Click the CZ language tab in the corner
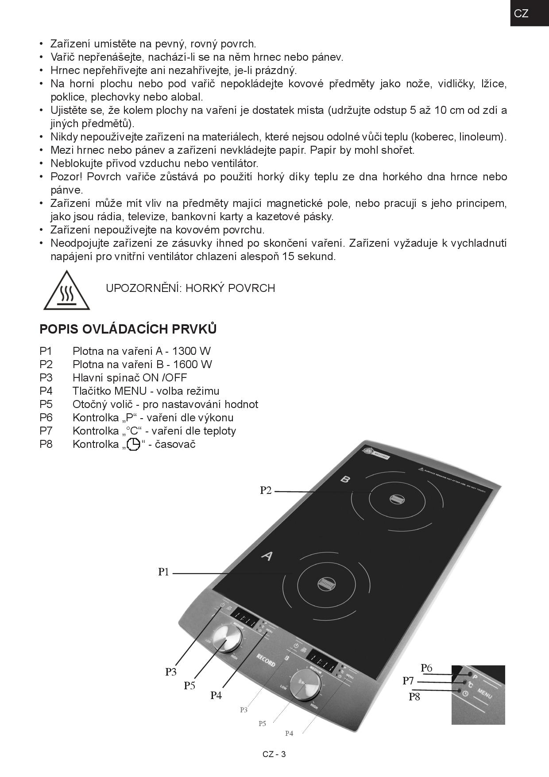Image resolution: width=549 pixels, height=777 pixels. tap(521, 13)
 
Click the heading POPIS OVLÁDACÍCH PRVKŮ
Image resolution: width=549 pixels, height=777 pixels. tap(128, 329)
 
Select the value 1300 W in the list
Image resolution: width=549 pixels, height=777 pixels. tap(191, 351)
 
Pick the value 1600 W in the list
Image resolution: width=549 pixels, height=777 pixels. tap(193, 365)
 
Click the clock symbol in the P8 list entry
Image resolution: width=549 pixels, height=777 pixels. tap(133, 444)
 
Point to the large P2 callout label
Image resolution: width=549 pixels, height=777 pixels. tap(266, 490)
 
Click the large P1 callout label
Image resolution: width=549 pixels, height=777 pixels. tap(164, 572)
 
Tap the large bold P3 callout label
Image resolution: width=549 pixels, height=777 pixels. tap(171, 672)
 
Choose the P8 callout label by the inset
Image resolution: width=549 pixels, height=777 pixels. tap(414, 697)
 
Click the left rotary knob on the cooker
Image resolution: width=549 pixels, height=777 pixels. tap(227, 638)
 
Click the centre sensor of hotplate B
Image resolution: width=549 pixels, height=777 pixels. tap(397, 499)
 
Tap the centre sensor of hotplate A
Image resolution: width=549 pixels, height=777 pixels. tap(327, 584)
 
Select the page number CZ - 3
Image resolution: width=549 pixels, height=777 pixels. tap(274, 754)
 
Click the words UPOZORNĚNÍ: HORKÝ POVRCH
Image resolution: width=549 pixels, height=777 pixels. tap(190, 288)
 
